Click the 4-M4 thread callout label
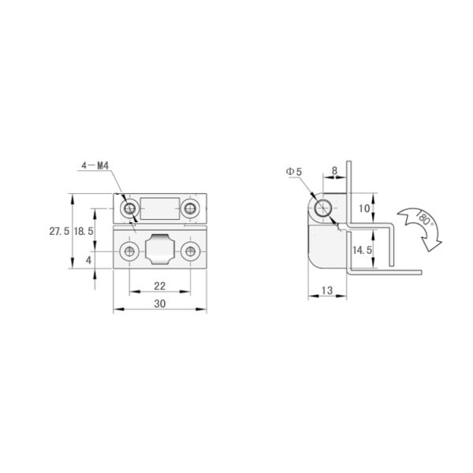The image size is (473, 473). tap(94, 166)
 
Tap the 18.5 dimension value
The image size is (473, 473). tap(84, 232)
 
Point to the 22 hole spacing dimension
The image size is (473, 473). tap(159, 285)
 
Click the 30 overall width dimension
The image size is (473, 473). tap(159, 303)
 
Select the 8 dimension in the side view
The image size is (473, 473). tap(335, 169)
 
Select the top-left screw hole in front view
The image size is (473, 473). tap(129, 209)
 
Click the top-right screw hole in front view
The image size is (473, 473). tap(189, 209)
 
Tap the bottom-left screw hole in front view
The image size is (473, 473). tap(128, 251)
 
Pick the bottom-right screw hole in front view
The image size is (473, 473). tap(189, 251)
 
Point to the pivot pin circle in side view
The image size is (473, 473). tap(322, 209)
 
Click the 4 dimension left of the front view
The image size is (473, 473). tap(89, 259)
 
